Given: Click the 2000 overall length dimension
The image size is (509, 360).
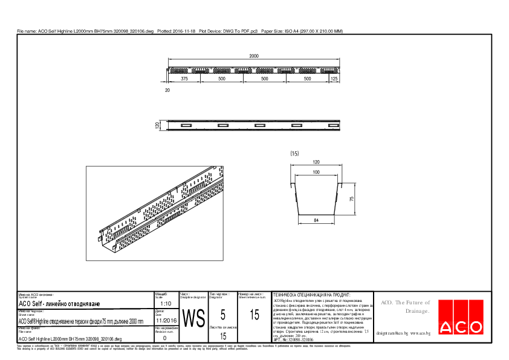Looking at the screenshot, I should point(254,56).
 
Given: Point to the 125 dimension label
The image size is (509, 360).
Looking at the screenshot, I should point(334,79).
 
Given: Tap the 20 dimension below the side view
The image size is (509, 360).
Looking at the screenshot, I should point(167,90).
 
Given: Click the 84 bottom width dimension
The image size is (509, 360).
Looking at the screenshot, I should point(316,221).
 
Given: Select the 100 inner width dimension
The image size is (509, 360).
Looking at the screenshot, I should point(316,173).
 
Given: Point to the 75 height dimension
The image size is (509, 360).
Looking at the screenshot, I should point(351,198).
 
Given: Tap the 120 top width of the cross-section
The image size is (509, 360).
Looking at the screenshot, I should point(316,163).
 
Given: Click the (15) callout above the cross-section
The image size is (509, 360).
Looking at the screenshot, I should point(295,154).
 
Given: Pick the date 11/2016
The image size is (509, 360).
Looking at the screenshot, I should point(166,321).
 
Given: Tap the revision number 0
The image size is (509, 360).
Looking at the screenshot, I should point(165,338).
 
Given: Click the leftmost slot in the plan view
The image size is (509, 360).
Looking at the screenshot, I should point(184,125).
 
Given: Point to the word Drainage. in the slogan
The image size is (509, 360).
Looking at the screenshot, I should point(417,311).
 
